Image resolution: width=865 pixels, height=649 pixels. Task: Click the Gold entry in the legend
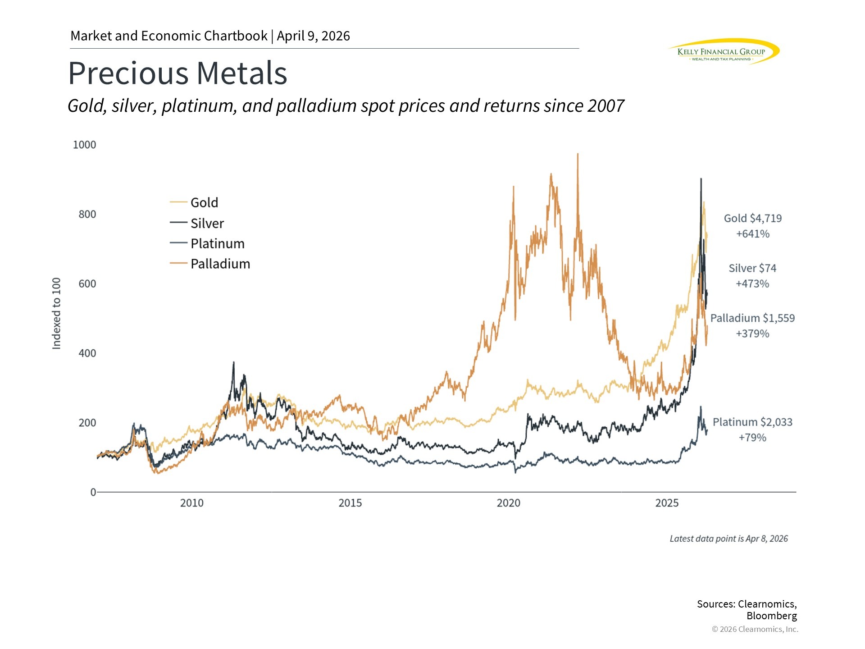204,203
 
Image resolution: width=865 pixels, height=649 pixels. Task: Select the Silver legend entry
207,224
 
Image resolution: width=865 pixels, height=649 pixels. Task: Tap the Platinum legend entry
217,244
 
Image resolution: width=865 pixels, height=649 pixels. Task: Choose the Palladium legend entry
220,264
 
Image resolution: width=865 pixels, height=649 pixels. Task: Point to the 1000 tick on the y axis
85,145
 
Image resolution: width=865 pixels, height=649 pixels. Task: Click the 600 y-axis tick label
87,284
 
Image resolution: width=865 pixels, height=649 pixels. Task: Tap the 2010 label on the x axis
192,503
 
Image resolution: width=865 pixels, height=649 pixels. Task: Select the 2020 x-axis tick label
508,503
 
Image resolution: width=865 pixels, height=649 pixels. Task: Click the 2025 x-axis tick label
667,503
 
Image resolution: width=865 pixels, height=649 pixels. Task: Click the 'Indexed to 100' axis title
56,314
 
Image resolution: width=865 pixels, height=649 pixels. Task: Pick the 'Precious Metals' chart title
178,73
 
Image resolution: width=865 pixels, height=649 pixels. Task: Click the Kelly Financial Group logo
723,52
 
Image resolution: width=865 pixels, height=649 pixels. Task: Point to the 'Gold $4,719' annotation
752,219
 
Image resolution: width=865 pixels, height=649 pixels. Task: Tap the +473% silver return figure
752,284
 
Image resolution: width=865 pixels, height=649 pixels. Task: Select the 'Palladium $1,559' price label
752,318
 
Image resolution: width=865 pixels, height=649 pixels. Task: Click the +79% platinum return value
752,438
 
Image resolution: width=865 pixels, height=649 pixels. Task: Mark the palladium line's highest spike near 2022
578,155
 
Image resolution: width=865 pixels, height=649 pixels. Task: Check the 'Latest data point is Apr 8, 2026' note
728,539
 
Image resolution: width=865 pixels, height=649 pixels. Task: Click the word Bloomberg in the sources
771,616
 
